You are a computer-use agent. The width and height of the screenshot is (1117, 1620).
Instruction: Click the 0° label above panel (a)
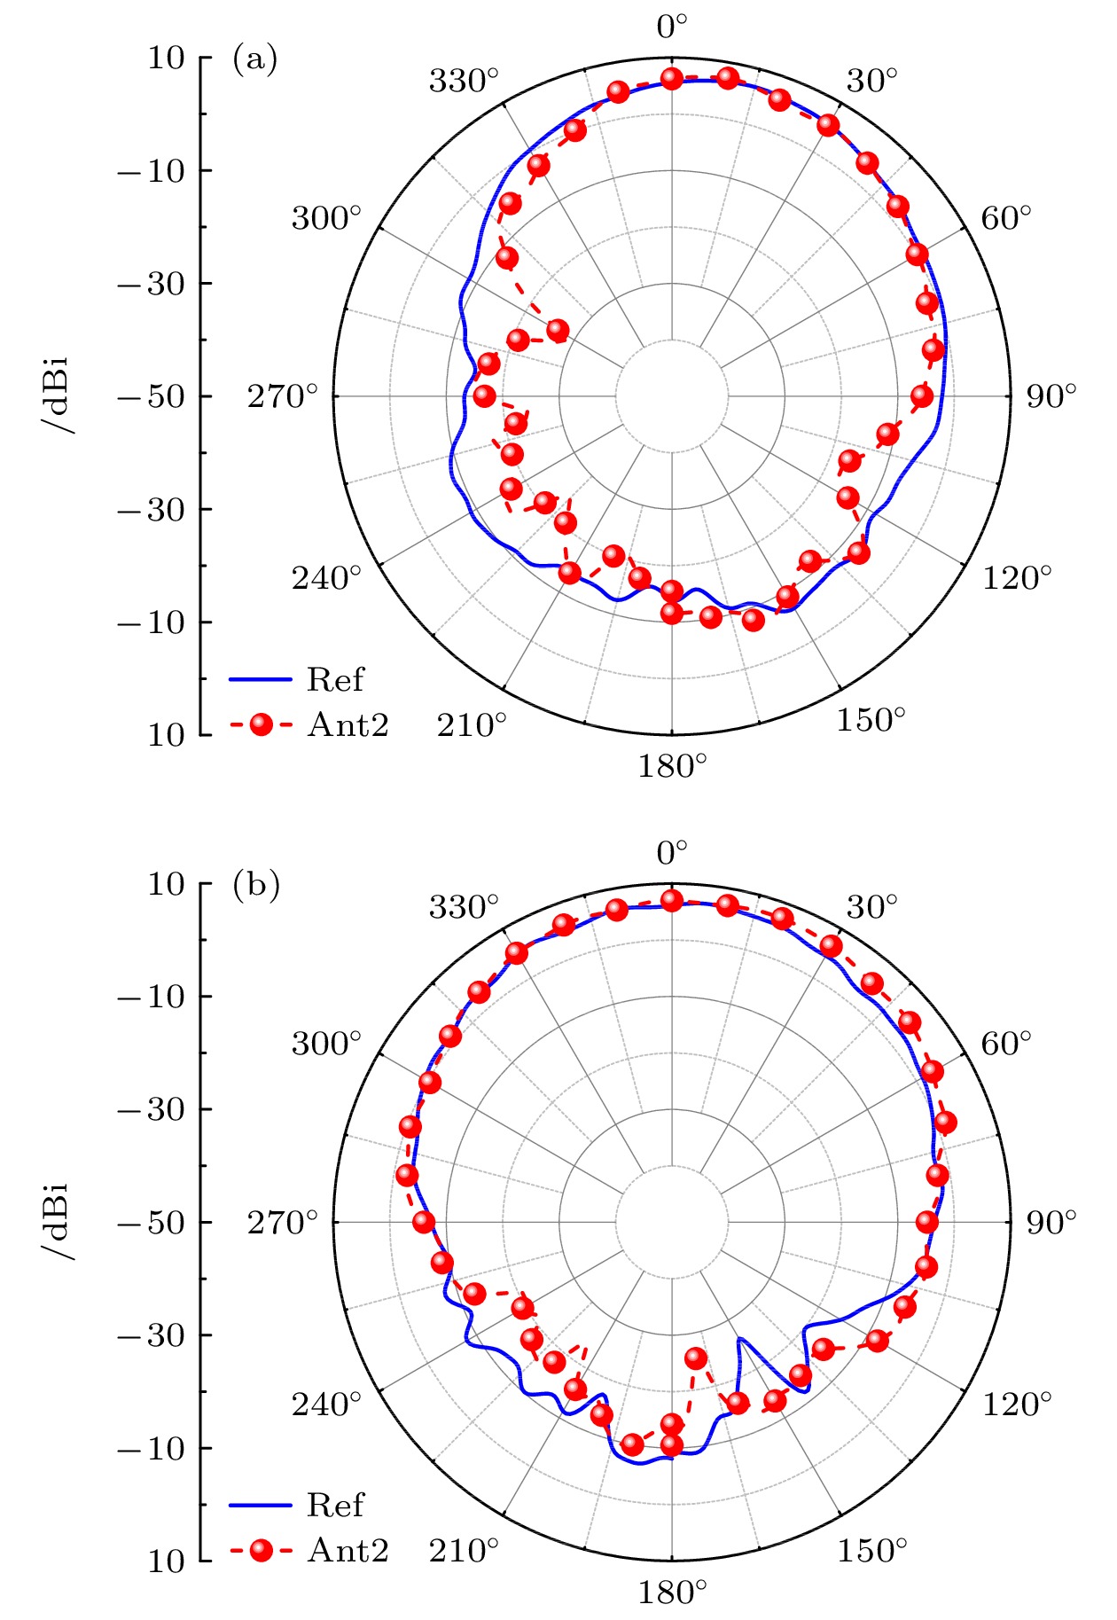tap(672, 27)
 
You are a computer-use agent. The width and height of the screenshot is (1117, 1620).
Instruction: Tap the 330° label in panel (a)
tap(464, 81)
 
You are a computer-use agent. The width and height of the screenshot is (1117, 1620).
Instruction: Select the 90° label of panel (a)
tap(1051, 396)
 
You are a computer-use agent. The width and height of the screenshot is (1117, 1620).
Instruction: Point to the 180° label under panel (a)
tap(672, 765)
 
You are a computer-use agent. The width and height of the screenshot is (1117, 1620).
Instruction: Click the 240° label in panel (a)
tap(326, 578)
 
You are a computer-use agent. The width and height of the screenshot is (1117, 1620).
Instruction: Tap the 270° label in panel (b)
tap(282, 1223)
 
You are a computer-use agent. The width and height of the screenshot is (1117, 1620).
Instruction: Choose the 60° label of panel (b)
tap(1006, 1044)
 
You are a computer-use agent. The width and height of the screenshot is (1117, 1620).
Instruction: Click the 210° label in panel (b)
tap(464, 1551)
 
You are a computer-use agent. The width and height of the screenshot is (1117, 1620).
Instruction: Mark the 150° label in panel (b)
tap(871, 1551)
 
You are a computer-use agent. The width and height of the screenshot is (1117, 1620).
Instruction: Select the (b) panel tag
tap(255, 885)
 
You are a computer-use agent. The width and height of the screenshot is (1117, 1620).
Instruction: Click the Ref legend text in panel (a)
tap(335, 680)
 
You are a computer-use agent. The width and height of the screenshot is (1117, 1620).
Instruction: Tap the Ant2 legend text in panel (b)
tap(348, 1550)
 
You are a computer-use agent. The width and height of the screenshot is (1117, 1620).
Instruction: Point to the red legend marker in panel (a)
tap(261, 725)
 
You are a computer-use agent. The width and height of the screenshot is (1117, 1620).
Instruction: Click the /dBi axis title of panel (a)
tap(58, 396)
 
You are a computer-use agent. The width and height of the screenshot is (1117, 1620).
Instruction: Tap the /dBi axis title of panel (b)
tap(58, 1223)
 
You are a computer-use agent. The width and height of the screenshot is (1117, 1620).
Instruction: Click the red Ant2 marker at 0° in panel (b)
tap(672, 901)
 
